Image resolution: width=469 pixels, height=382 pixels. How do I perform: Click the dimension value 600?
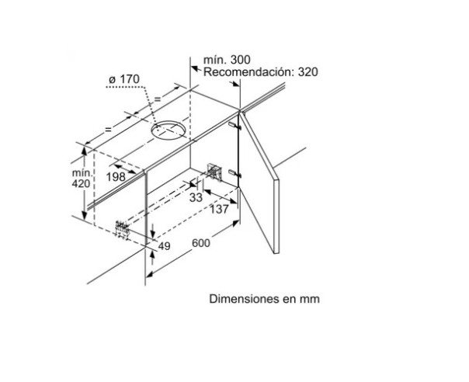tap(200, 243)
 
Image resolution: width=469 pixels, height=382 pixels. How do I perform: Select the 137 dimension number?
tap(219, 209)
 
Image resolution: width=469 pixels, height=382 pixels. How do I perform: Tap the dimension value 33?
tap(196, 197)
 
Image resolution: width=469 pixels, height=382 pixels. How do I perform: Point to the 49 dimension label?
tap(164, 246)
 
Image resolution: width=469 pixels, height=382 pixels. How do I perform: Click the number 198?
tap(116, 177)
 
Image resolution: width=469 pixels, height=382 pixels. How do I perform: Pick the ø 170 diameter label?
tap(124, 79)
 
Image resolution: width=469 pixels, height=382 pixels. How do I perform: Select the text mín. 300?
tap(227, 60)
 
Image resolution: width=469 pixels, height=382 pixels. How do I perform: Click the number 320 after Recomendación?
tap(307, 72)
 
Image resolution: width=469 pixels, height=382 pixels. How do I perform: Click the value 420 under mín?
tap(81, 183)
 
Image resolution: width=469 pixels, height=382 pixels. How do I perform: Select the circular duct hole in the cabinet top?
tap(168, 130)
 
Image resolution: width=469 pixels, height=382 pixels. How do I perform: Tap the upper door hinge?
tap(234, 125)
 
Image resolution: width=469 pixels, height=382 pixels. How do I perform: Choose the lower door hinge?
tap(234, 173)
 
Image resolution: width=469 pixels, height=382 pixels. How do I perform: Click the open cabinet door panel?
tap(259, 179)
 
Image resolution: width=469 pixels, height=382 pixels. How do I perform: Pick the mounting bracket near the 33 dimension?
tap(214, 172)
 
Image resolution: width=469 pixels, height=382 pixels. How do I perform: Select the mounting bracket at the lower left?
tap(123, 229)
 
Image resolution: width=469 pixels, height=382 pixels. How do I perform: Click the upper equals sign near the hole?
tap(158, 99)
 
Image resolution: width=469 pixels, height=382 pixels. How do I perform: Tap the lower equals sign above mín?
tap(108, 130)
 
